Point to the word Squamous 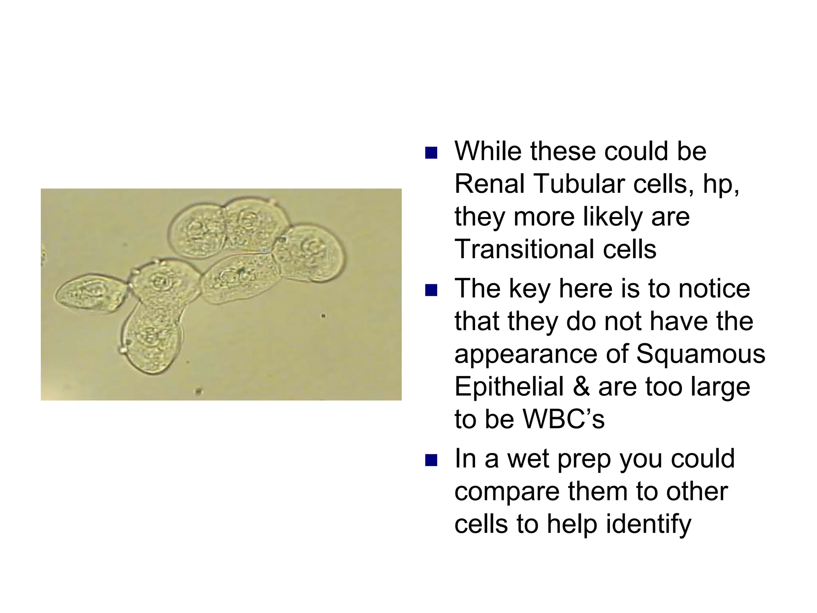coord(700,354)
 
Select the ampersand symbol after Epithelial coord(580,387)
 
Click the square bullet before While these coord(431,153)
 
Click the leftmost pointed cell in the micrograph coord(90,293)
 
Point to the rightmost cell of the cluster coord(309,253)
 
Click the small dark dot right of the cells coord(324,316)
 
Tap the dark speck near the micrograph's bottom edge coord(198,392)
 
